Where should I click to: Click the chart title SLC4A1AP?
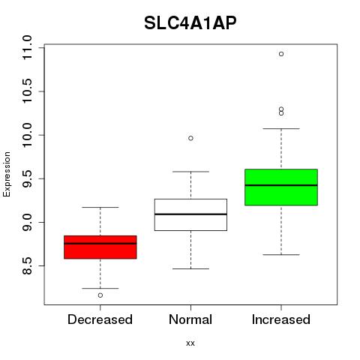click(x=190, y=23)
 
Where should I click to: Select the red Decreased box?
click(x=100, y=247)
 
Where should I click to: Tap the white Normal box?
click(x=190, y=214)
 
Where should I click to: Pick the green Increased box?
click(x=281, y=187)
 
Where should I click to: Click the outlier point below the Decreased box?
click(x=100, y=295)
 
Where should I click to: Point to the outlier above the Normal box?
click(x=190, y=138)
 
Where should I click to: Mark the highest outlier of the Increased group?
click(x=281, y=54)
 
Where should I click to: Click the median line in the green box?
click(x=281, y=185)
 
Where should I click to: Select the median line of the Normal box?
click(x=190, y=214)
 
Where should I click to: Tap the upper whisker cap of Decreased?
click(x=100, y=207)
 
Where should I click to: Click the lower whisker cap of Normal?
click(x=190, y=268)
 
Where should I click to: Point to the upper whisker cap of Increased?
click(x=281, y=128)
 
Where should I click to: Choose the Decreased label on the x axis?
click(x=100, y=319)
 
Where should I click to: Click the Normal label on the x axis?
click(x=190, y=319)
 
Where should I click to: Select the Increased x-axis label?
click(x=281, y=319)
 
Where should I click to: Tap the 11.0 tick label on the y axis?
click(x=27, y=47)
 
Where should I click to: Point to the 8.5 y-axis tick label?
click(x=27, y=266)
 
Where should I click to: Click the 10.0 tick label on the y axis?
click(x=27, y=135)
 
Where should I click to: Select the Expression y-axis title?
click(x=7, y=174)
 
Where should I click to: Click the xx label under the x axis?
click(x=190, y=343)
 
